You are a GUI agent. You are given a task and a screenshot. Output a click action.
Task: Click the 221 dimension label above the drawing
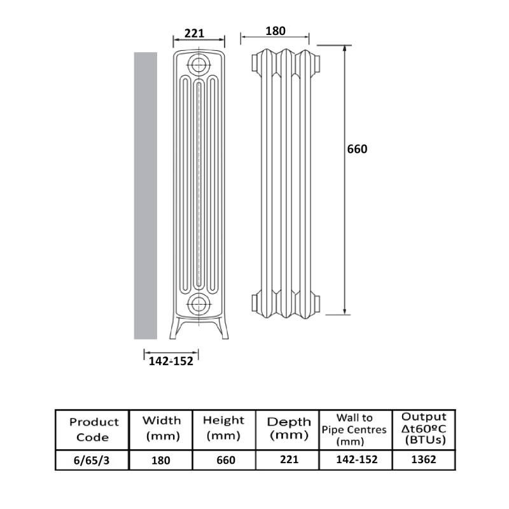pos(194,33)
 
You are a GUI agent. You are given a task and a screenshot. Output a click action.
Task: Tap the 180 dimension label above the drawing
pos(275,31)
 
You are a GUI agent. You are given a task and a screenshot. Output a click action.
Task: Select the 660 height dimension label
pos(357,149)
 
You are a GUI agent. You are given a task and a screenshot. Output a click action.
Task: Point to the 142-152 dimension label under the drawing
pos(171,361)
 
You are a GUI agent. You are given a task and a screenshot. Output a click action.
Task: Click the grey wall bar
pos(146,196)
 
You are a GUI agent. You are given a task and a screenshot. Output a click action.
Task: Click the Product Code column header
pos(94,429)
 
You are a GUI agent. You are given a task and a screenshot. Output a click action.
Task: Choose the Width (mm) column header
pos(162,428)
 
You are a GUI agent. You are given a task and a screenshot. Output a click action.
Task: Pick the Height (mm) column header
pos(223,428)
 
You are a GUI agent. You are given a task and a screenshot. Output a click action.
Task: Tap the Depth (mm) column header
pos(289,428)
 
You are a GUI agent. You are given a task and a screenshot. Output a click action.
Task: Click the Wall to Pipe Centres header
pos(354,429)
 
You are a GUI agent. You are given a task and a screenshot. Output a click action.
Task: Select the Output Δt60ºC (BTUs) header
pos(424,428)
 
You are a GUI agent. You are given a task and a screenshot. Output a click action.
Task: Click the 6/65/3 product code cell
pos(92,460)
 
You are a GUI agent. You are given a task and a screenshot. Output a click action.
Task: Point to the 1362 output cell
pos(424,459)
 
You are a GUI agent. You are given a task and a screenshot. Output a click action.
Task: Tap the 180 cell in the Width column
pos(161,460)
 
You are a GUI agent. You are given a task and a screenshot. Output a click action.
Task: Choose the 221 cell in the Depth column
pos(289,459)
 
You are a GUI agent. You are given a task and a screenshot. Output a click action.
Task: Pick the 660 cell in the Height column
pos(226,460)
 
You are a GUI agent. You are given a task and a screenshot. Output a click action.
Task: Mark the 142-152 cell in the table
pos(357,459)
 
